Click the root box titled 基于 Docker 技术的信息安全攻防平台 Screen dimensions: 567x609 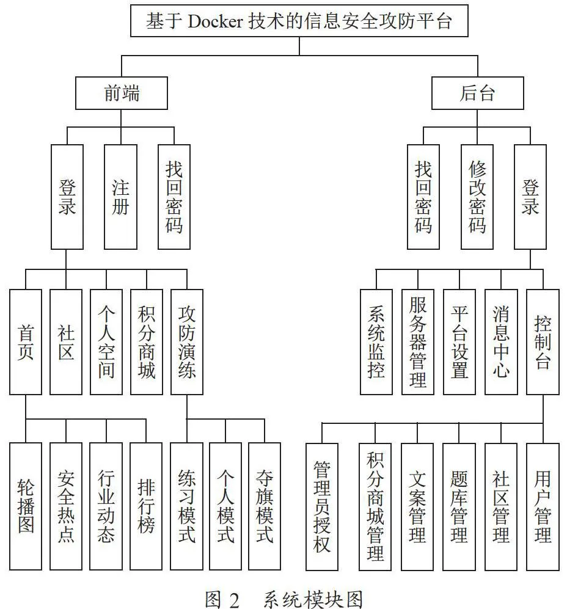tap(299, 21)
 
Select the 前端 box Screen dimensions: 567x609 tap(121, 93)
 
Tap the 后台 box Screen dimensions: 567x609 tap(477, 93)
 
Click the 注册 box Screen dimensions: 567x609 tap(120, 197)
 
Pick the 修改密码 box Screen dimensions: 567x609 tap(477, 197)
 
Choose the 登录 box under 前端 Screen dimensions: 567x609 tap(67, 197)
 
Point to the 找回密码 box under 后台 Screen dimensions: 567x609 tap(423, 197)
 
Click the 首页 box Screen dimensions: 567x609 tap(26, 342)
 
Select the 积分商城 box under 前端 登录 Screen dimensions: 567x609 tap(147, 342)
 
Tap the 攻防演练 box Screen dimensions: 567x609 tap(187, 342)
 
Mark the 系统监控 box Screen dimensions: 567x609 tap(376, 342)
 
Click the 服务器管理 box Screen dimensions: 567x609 tap(418, 342)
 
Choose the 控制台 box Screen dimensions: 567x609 tap(543, 342)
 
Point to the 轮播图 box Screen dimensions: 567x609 tap(26, 506)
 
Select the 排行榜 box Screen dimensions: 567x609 tap(146, 506)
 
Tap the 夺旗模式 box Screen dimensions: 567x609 tap(265, 506)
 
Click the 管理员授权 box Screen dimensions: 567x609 tap(322, 507)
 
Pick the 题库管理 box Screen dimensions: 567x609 tap(459, 507)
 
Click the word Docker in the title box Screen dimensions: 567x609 tap(215, 21)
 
